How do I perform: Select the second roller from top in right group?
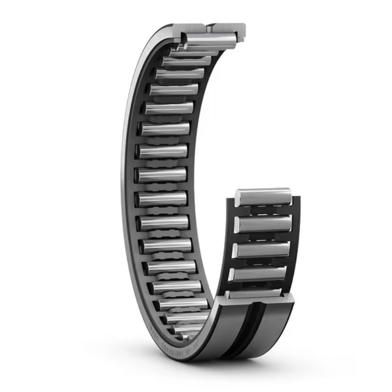263,224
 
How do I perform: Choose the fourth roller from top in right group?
258,273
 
